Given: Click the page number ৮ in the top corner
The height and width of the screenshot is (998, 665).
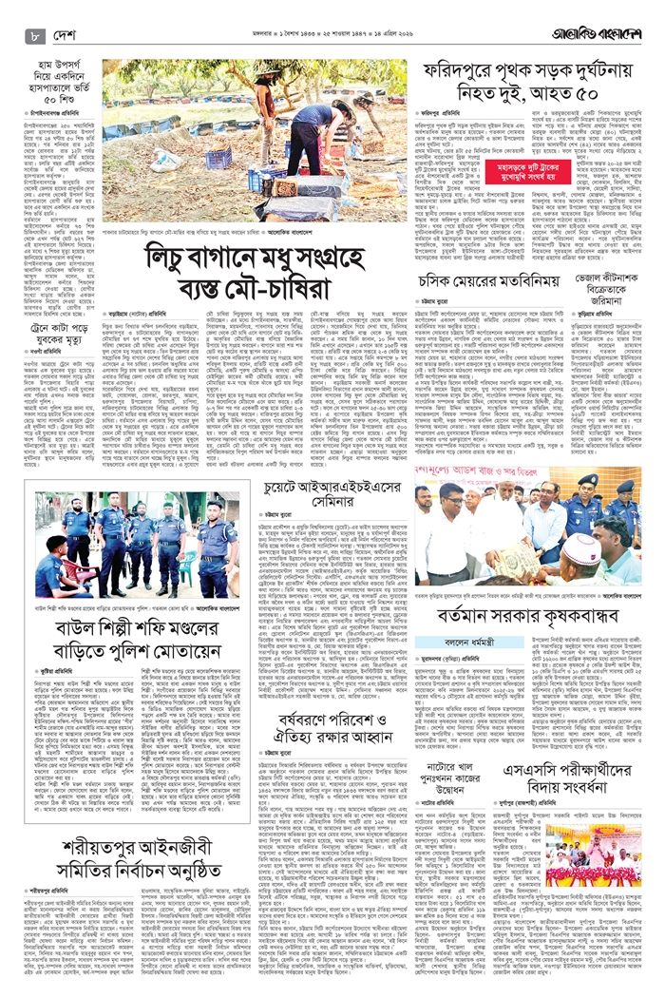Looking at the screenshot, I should pos(35,37).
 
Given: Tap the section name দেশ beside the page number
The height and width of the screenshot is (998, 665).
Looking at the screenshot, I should pos(69,37).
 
